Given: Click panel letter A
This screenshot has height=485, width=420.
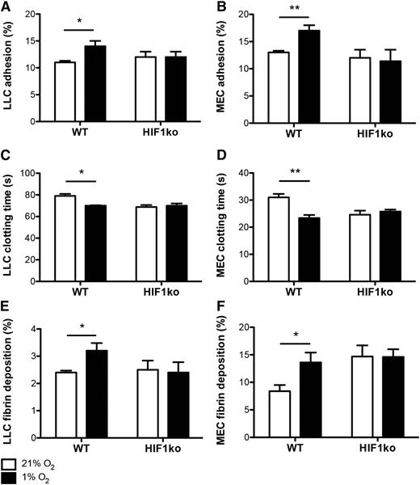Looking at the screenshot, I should click(6, 7).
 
